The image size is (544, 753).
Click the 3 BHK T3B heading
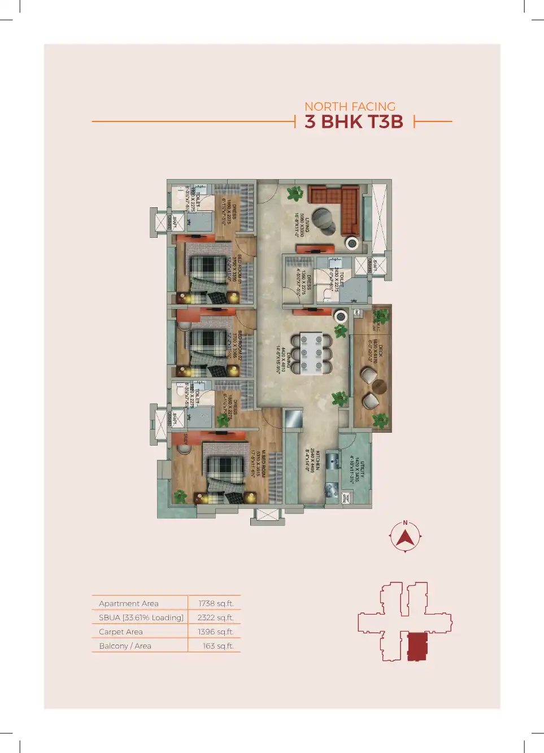[x=354, y=121]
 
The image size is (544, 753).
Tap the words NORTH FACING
[x=350, y=106]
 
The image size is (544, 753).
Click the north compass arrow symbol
[x=405, y=537]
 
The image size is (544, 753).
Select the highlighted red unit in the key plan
[x=417, y=646]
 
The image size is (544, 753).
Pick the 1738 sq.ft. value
[x=216, y=603]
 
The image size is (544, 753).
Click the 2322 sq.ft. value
[x=215, y=617]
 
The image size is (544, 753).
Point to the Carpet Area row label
[x=121, y=632]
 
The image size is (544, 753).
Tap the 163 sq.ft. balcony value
[x=218, y=646]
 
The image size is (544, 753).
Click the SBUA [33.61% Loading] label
[x=141, y=617]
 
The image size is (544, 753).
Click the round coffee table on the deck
[x=379, y=387]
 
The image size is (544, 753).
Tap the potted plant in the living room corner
[x=294, y=194]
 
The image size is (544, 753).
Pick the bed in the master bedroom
[x=225, y=469]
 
